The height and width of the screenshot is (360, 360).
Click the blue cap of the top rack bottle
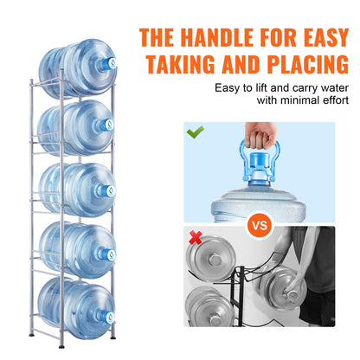[107, 65]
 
